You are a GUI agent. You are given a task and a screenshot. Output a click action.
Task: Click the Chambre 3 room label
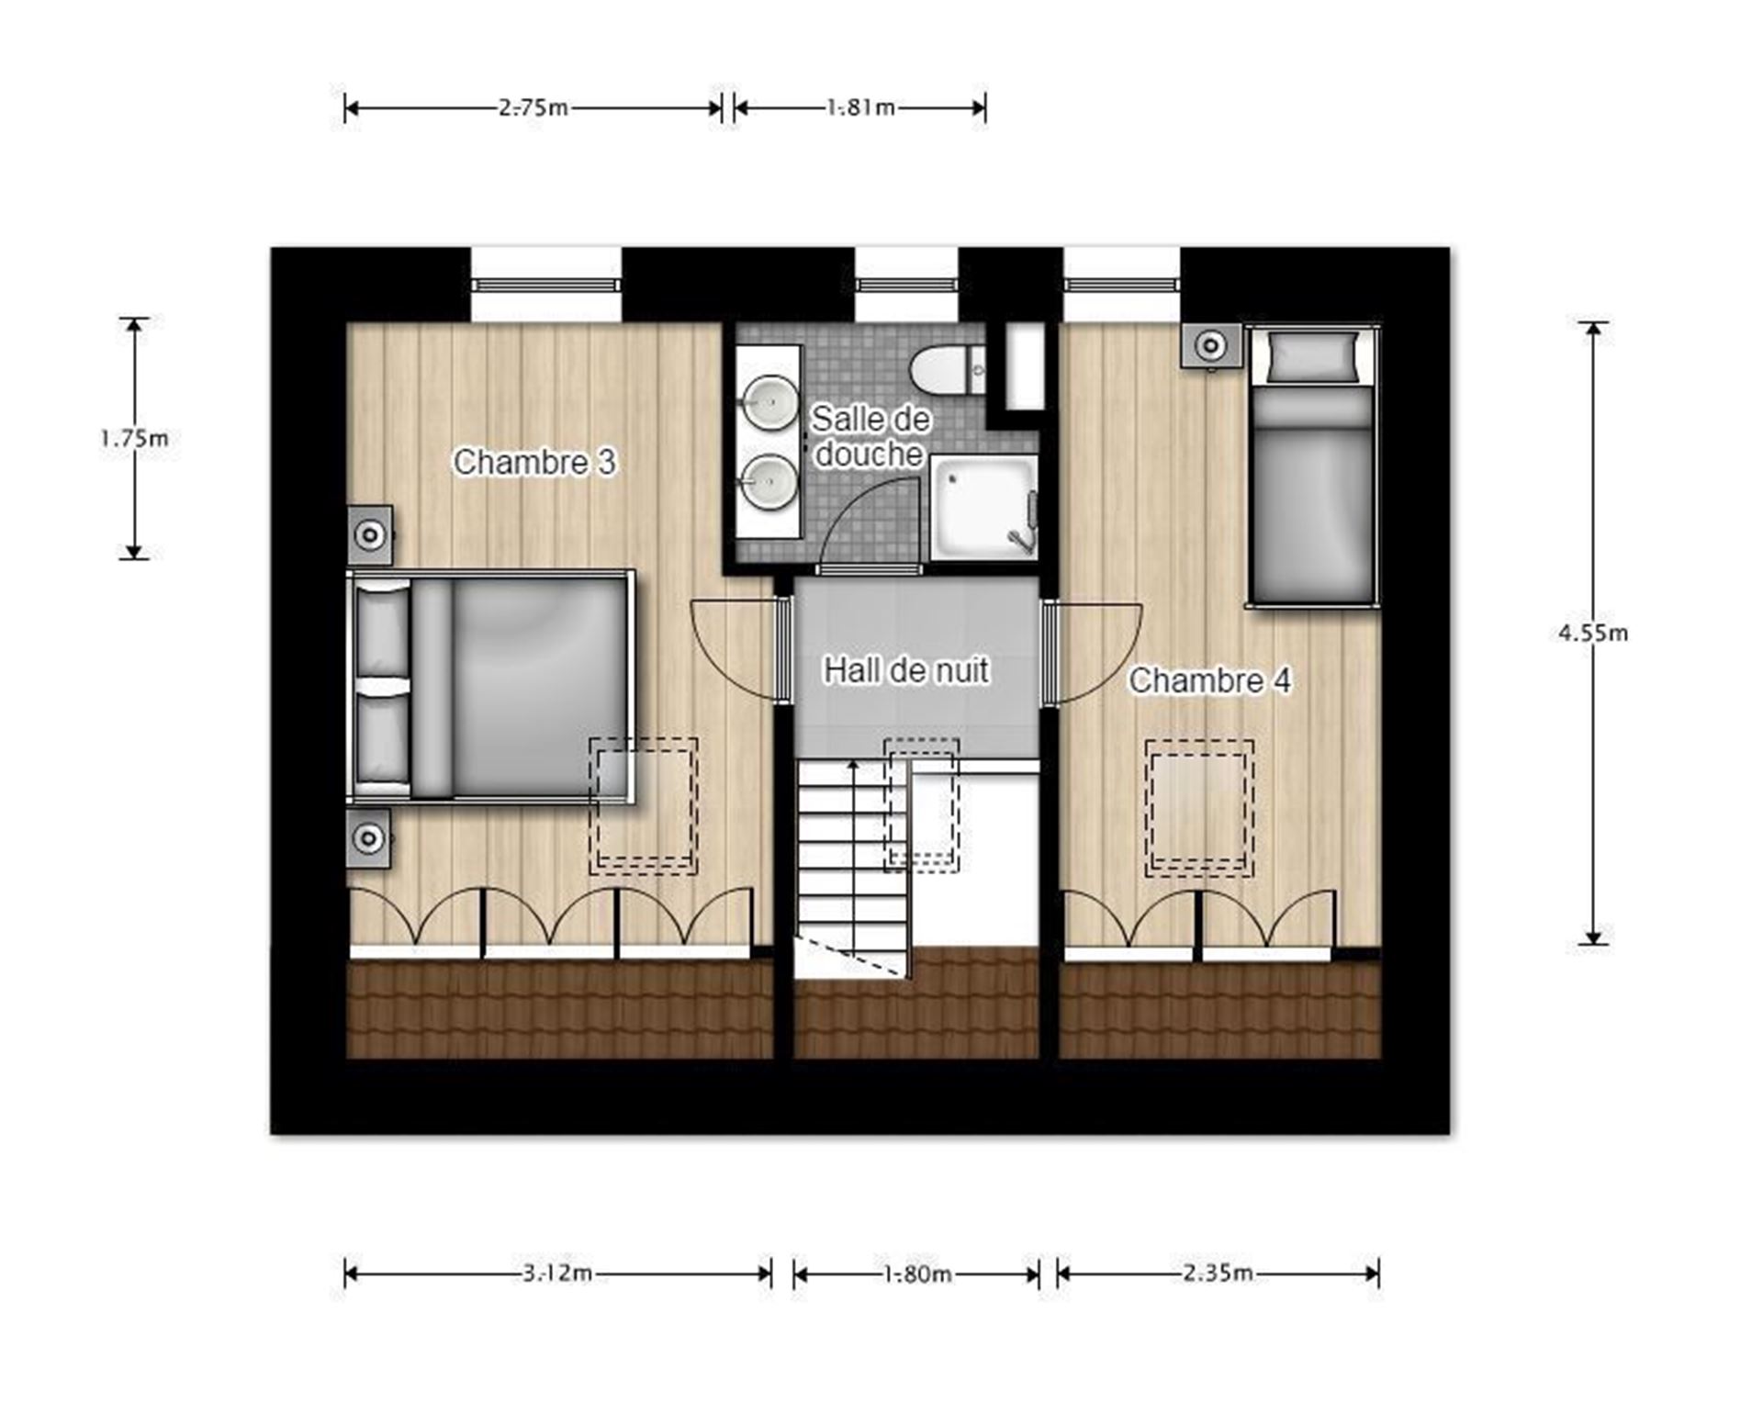(534, 462)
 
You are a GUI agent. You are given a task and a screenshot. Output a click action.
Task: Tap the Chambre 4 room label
(1209, 680)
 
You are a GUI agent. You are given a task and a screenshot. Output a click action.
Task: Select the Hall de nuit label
(905, 670)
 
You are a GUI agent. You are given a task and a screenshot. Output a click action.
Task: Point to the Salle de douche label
(870, 436)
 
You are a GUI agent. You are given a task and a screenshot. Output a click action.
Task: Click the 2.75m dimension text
(533, 107)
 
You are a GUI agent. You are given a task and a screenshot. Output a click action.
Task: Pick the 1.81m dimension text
(860, 107)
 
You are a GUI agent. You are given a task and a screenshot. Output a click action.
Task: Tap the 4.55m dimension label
(1593, 633)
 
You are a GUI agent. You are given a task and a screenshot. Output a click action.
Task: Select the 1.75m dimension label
(134, 439)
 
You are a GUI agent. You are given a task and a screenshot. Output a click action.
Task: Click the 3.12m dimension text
(557, 1274)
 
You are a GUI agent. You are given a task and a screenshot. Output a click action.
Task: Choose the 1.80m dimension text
(917, 1274)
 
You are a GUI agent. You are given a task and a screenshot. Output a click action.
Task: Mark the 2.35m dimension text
(1218, 1274)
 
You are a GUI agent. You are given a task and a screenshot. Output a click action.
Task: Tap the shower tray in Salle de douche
(984, 508)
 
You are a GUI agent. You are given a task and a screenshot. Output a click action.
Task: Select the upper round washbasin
(769, 401)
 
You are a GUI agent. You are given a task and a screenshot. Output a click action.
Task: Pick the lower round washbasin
(769, 482)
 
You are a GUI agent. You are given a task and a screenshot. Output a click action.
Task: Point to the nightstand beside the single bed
(1211, 346)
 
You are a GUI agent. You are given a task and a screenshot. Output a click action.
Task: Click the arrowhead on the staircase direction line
(853, 765)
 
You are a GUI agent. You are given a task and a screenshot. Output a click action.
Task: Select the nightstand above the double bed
(370, 535)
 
